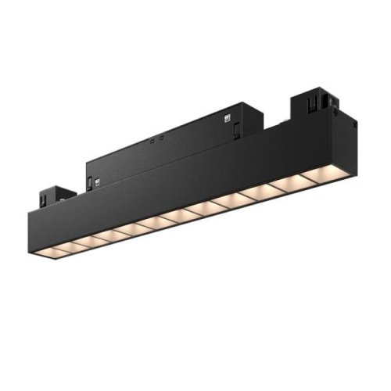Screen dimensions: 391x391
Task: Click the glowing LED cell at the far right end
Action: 327,174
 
